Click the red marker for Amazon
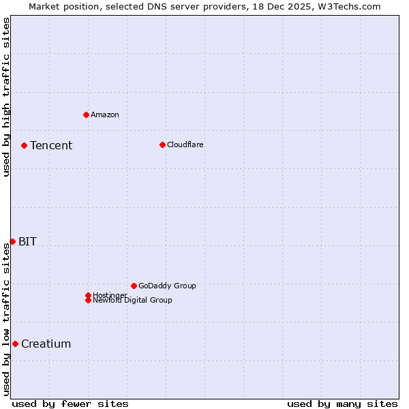tap(86, 115)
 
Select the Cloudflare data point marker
tap(162, 145)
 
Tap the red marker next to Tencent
tap(24, 145)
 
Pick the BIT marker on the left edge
tap(12, 241)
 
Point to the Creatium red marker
tap(15, 344)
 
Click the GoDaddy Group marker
tap(134, 286)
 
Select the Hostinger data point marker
tap(88, 295)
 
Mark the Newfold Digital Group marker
tap(88, 301)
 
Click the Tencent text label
tap(51, 145)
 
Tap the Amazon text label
tap(105, 115)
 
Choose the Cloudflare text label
tap(185, 145)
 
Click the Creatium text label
tap(46, 344)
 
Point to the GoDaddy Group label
tap(167, 286)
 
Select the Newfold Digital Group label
tap(133, 301)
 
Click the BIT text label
tap(27, 241)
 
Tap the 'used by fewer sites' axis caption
tap(70, 404)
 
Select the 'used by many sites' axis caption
tap(342, 404)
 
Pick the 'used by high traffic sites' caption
tap(6, 97)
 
